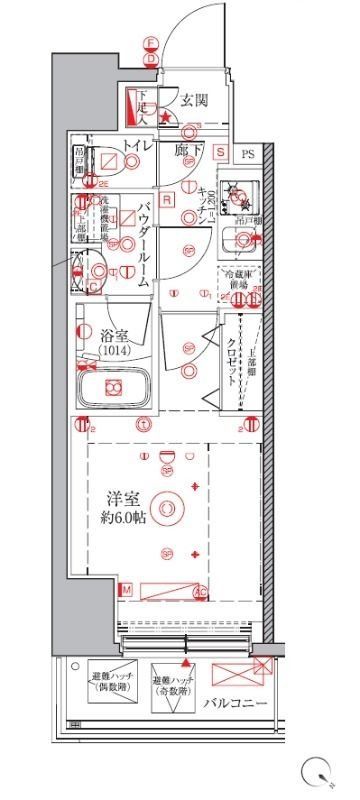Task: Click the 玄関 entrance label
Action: (x=194, y=99)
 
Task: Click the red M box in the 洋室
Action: (x=126, y=591)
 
